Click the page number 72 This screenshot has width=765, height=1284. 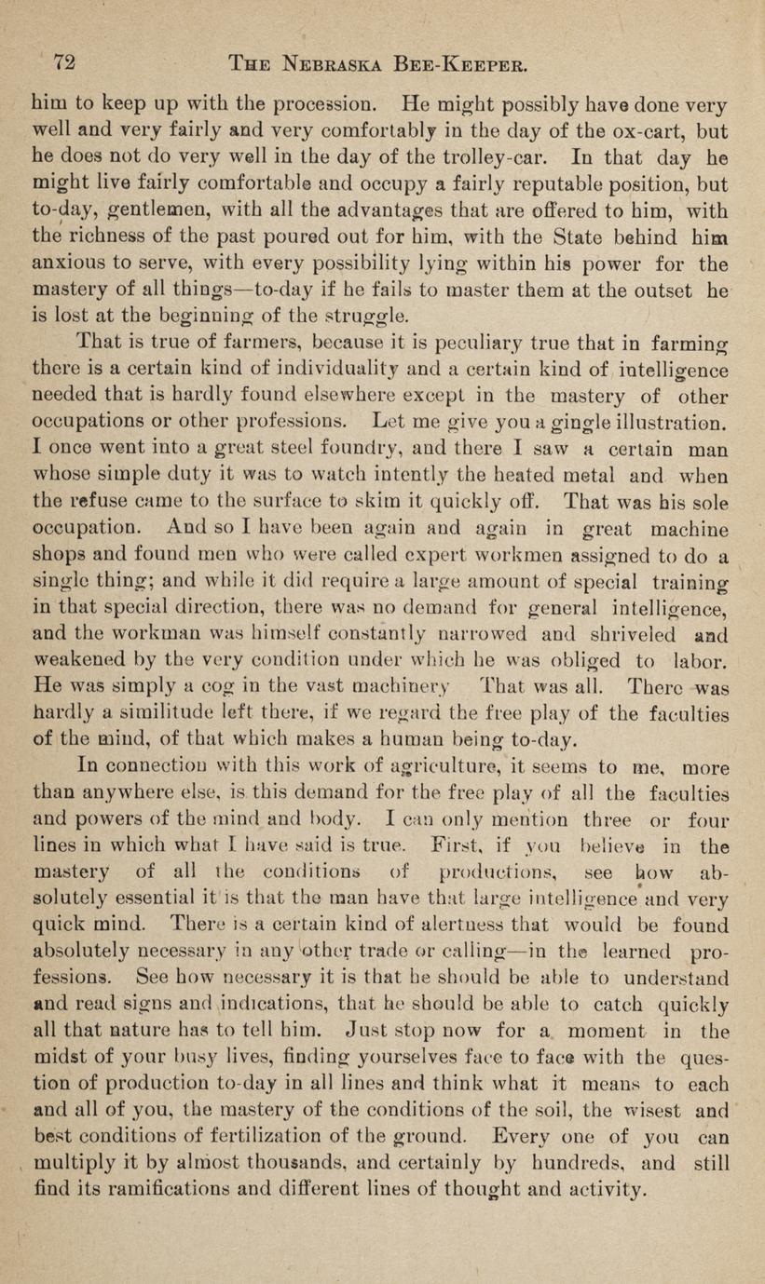point(63,63)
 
